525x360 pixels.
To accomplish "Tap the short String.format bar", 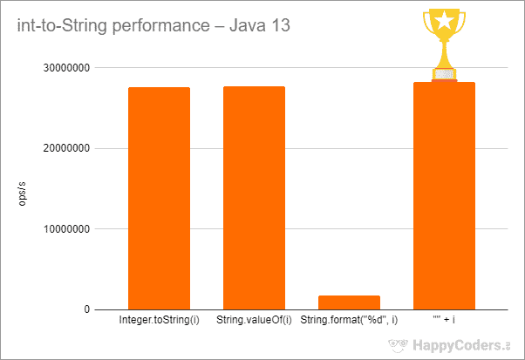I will click(349, 302).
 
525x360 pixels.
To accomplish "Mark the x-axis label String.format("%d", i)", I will click(349, 321).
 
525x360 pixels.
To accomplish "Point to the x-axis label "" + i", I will click(444, 321).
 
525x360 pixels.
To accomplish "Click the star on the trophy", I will click(445, 20).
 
